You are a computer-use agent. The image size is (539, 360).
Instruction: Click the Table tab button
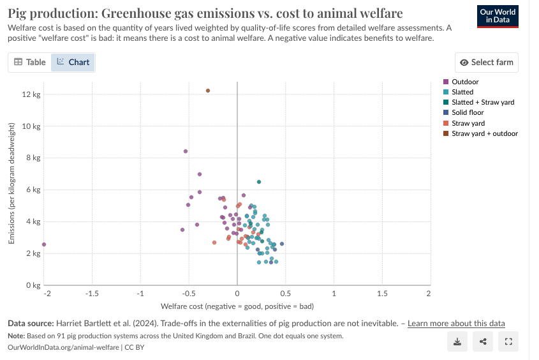pos(30,62)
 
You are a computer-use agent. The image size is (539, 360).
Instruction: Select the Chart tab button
pos(73,62)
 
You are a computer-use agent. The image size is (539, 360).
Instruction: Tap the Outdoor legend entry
pos(464,82)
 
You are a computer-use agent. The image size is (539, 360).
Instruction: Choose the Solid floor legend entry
pos(468,113)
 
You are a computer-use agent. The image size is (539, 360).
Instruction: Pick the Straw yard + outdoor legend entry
pos(484,133)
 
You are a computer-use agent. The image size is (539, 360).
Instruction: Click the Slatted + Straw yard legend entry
pos(482,102)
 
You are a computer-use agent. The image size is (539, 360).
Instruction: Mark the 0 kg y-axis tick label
pos(33,285)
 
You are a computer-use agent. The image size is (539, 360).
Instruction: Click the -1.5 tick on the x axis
pos(92,294)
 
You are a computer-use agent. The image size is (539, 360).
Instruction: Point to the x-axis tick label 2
pos(429,294)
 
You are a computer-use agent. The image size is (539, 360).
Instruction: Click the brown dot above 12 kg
pos(208,91)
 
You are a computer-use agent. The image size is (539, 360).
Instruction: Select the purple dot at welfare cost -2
pos(44,244)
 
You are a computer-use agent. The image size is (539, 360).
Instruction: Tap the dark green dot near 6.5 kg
pos(259,182)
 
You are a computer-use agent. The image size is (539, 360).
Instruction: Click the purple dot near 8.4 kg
pos(186,151)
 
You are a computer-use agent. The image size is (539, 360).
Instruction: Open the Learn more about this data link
pos(456,323)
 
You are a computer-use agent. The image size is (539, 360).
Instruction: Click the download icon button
pos(457,341)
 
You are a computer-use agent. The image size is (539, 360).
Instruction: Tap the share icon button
pos(483,341)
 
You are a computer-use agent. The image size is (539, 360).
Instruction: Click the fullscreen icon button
pos(508,341)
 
